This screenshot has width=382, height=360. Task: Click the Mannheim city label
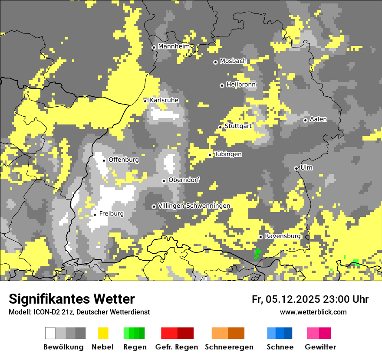point(174,46)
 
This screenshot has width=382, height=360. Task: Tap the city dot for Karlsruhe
point(145,101)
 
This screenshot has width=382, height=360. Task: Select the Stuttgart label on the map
point(238,126)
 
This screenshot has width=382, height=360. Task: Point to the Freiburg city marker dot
point(95,215)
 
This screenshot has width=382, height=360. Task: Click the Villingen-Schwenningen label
point(194,206)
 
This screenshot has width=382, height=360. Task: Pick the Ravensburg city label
point(283,236)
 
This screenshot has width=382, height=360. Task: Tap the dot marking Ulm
point(296,168)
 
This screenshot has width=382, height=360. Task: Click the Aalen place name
point(318,119)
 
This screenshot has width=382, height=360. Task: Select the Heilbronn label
point(241,85)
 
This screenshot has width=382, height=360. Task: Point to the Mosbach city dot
point(215,62)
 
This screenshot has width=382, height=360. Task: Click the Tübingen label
point(228,154)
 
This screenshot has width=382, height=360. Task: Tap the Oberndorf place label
point(184,180)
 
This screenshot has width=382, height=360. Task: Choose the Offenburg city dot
point(104,160)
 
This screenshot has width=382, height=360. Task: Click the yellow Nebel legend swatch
point(103,333)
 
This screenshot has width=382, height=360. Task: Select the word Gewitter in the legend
point(320,347)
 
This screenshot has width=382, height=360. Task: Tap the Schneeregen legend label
point(229,347)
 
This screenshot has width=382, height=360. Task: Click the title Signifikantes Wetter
point(72,299)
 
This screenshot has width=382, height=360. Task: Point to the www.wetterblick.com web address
point(313,312)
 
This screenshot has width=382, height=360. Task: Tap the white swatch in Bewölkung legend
point(50,333)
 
